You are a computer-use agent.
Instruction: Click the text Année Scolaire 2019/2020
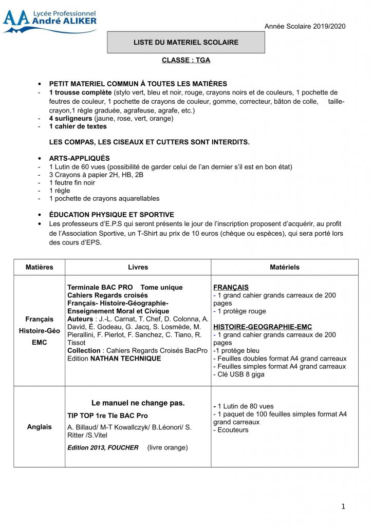305,26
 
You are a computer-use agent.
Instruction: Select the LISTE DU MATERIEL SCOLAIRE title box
185,42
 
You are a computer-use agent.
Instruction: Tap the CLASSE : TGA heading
186,60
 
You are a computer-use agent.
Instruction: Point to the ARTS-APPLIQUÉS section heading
79,159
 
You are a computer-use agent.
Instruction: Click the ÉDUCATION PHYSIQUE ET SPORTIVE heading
111,215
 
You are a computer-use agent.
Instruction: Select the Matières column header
39,267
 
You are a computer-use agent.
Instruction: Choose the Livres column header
138,267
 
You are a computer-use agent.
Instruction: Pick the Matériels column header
285,267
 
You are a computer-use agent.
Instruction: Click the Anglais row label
39,427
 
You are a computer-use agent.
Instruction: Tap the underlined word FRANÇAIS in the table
231,287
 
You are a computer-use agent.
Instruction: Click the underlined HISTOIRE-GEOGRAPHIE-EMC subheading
263,327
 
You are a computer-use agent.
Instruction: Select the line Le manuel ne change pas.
138,403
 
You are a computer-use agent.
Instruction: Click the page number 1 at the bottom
343,507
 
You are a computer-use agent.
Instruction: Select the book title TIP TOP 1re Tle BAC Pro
107,416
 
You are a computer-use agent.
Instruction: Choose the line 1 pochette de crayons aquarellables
104,198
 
